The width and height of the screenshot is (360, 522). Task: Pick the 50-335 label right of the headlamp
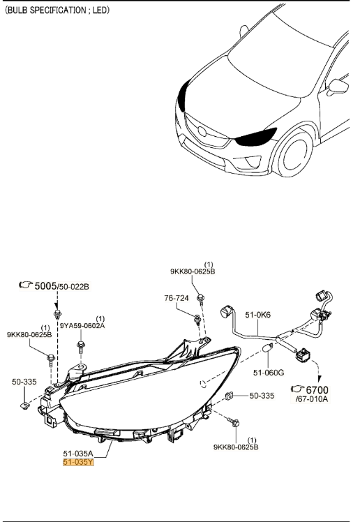(x=264, y=396)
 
